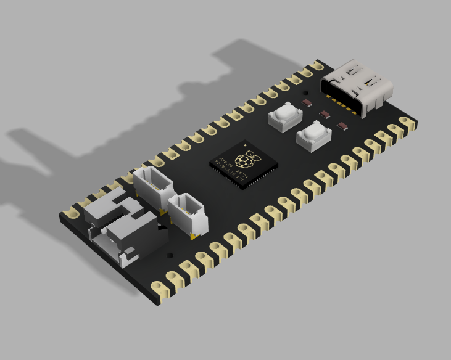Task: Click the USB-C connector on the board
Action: pos(358,86)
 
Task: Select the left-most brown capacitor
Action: pos(306,102)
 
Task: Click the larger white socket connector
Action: pos(154,186)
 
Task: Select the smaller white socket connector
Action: pos(186,212)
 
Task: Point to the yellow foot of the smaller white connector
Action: pos(195,236)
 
